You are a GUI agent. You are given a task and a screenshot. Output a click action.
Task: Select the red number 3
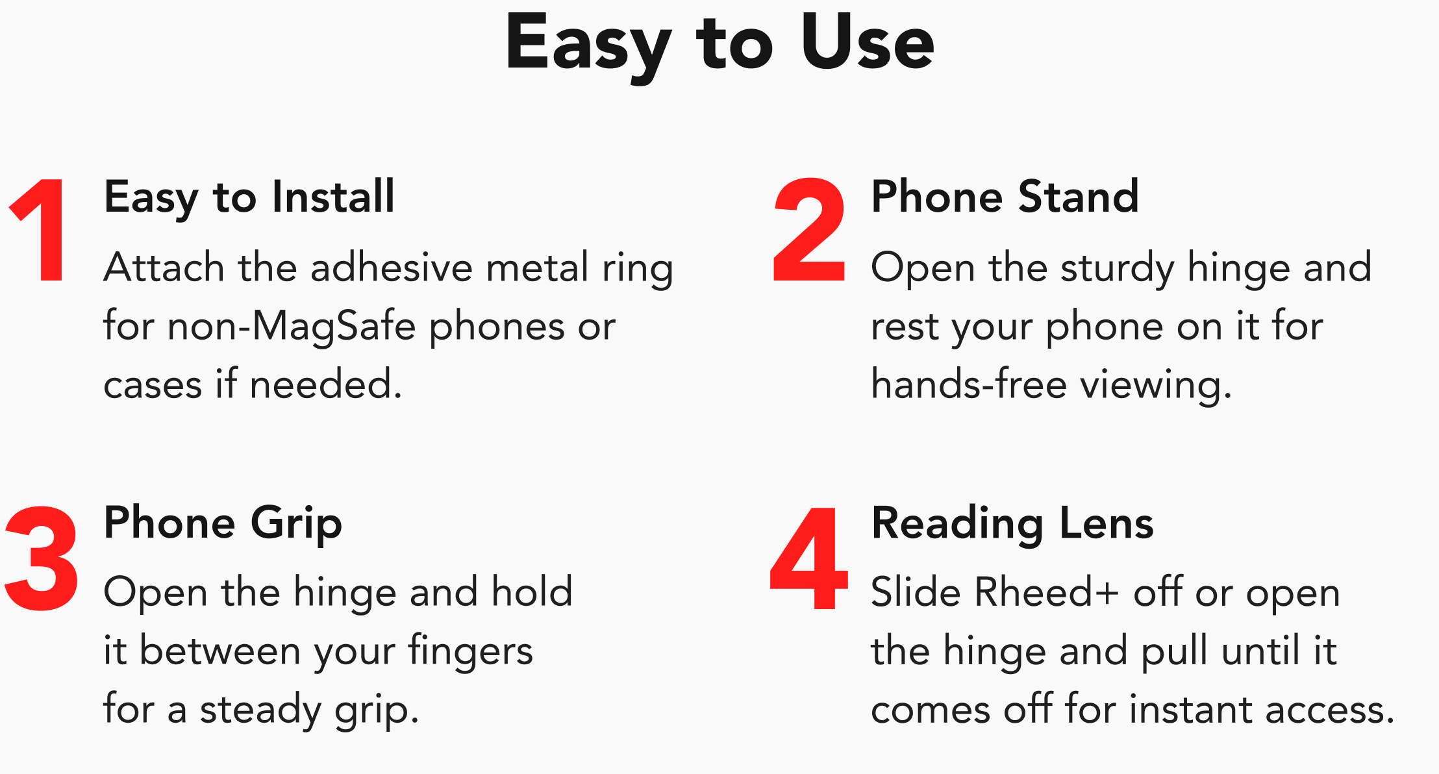tap(42, 559)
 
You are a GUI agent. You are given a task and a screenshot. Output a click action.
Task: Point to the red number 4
tap(809, 558)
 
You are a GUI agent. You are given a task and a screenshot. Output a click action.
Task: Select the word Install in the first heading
tap(333, 196)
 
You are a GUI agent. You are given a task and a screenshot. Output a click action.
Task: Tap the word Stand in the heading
tap(1079, 196)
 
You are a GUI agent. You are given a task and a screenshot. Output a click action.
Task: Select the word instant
tap(1190, 709)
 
